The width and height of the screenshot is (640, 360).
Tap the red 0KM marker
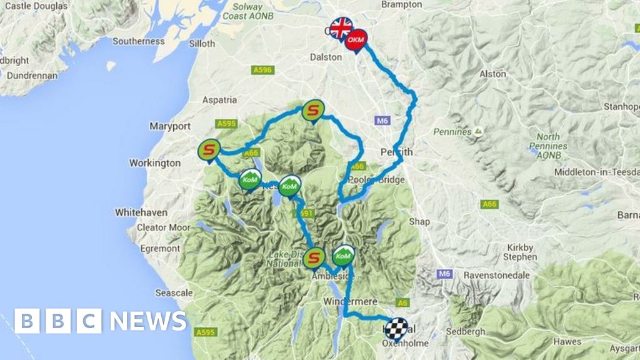pyautogui.click(x=356, y=40)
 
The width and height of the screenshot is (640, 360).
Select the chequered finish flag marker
pyautogui.click(x=396, y=328)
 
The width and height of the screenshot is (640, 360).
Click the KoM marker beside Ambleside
pyautogui.click(x=342, y=256)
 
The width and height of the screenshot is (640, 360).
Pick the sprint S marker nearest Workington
pyautogui.click(x=209, y=150)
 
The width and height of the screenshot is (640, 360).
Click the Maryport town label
pyautogui.click(x=169, y=126)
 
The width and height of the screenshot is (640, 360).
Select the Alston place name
pyautogui.click(x=492, y=74)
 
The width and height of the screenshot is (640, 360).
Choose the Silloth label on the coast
pyautogui.click(x=201, y=44)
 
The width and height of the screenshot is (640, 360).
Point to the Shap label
pyautogui.click(x=419, y=221)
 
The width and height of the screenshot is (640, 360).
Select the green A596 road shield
pyautogui.click(x=262, y=71)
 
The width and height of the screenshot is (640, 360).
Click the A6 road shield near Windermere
pyautogui.click(x=404, y=302)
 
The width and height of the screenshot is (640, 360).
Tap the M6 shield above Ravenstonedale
pyautogui.click(x=444, y=274)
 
